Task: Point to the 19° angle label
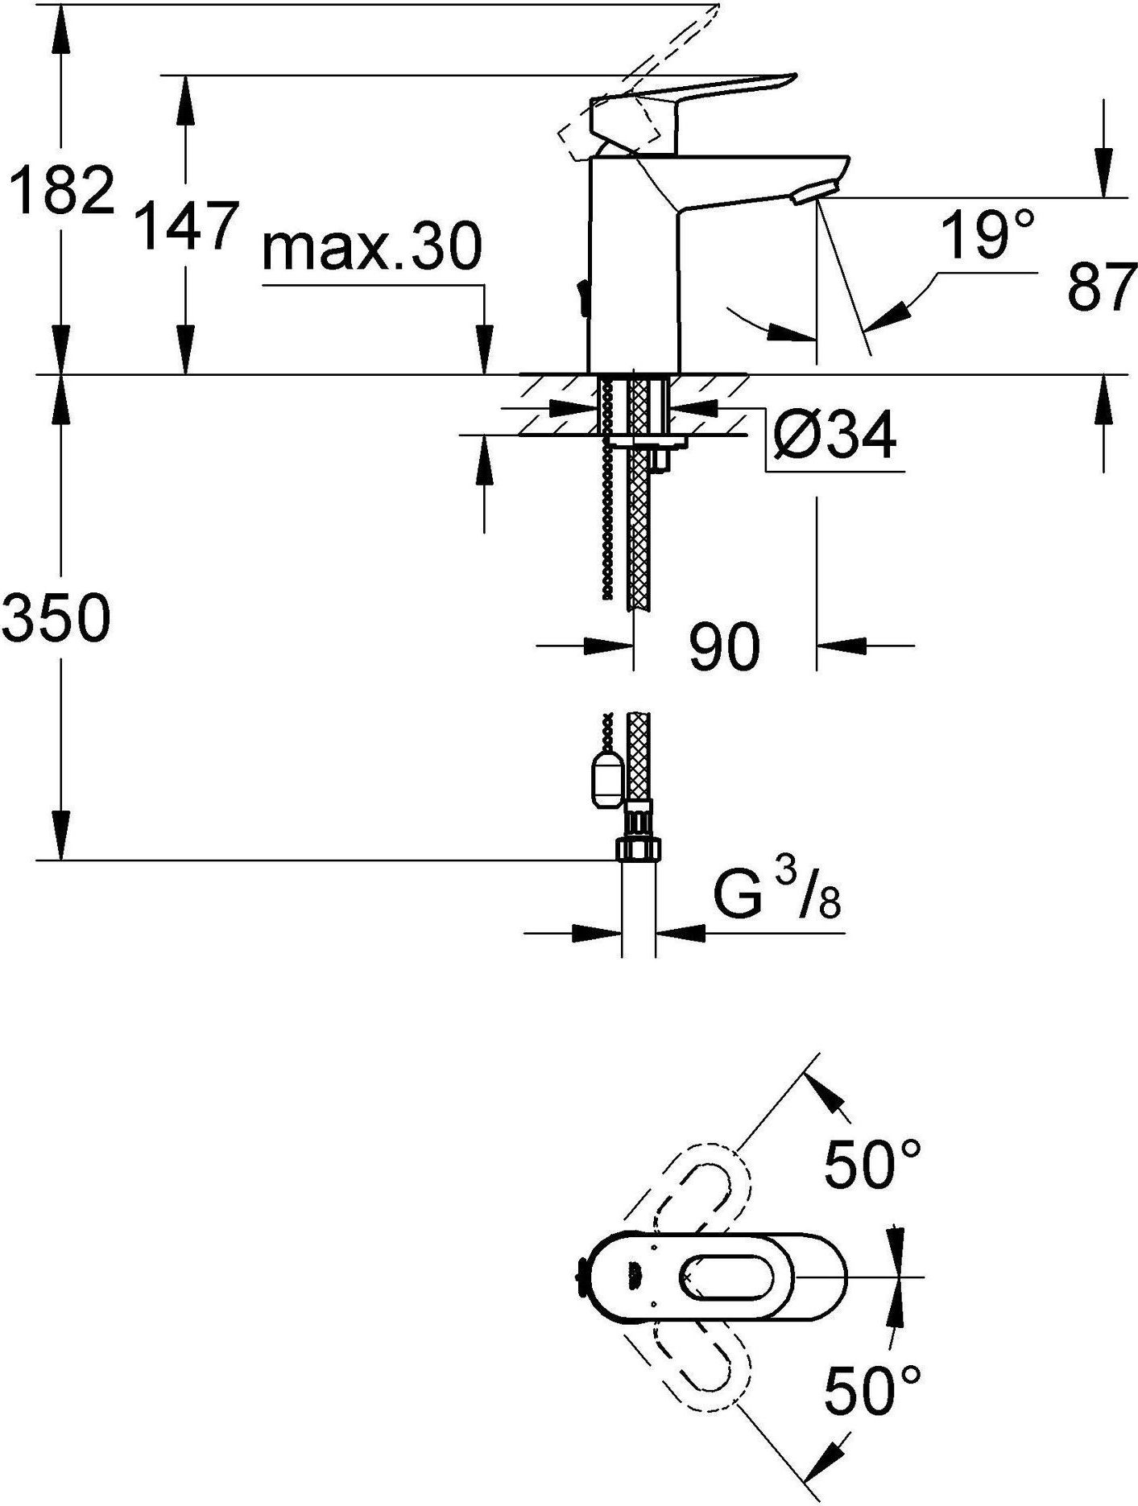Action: pyautogui.click(x=987, y=234)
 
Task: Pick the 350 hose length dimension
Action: pyautogui.click(x=55, y=618)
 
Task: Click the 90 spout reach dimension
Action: pyautogui.click(x=724, y=646)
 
